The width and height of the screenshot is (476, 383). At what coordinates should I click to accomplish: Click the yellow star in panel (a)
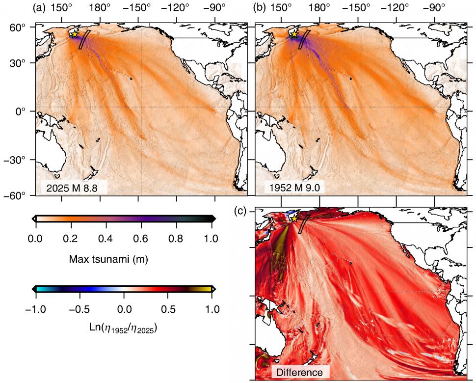coord(74,34)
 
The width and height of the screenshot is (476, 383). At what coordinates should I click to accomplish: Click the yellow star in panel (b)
coord(294,34)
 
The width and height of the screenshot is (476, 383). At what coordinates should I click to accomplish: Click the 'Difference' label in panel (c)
coord(300,372)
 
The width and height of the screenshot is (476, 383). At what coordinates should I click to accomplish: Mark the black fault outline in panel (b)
coord(305,41)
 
